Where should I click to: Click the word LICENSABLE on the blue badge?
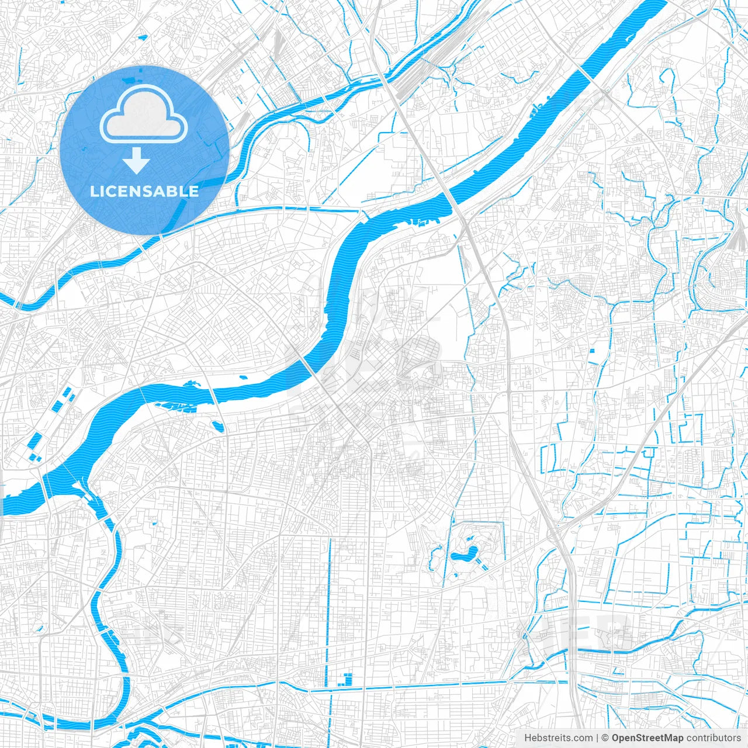click(x=144, y=191)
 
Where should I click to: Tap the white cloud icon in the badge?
click(x=144, y=115)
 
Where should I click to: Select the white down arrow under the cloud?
click(x=136, y=161)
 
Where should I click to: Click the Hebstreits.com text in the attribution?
click(x=559, y=738)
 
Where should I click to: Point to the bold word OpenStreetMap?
click(x=647, y=738)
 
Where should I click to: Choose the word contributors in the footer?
click(x=714, y=738)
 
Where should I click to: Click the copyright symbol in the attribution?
click(x=605, y=738)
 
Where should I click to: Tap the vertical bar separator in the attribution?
click(x=598, y=738)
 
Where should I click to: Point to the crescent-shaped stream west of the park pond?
click(x=434, y=558)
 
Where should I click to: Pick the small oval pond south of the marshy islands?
click(x=217, y=426)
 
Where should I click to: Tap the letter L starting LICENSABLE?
click(x=93, y=191)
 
